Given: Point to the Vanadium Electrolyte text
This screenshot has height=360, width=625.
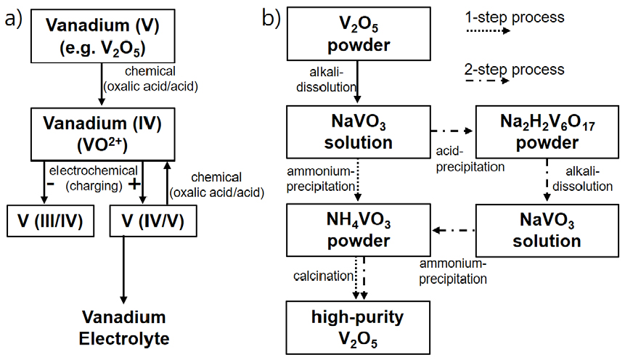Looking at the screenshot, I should tap(123, 327).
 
